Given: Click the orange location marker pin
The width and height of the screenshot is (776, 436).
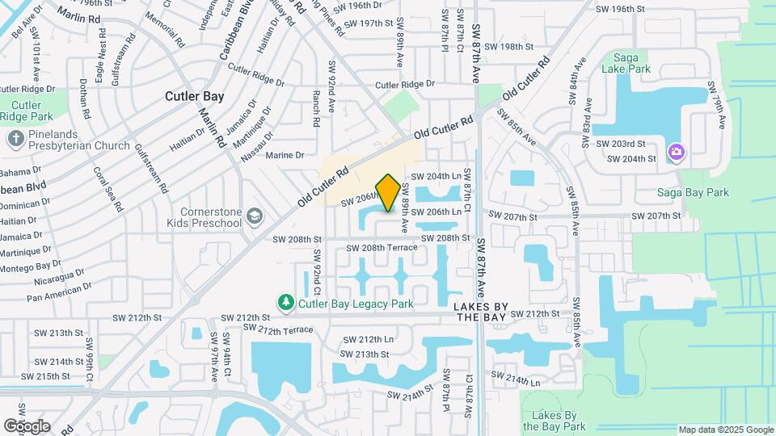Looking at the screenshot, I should point(388,193).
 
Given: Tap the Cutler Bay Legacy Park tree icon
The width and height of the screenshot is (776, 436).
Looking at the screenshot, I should point(285,303).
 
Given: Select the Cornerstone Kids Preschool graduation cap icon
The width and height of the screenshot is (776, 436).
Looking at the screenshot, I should point(255,216).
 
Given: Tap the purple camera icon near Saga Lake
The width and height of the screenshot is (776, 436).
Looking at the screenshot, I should point(677,152).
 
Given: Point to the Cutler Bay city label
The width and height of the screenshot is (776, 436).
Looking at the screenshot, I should point(194,96).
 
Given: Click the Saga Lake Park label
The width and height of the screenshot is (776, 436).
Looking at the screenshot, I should point(632,63).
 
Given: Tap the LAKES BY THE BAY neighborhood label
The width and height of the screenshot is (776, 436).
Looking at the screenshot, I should point(480,312).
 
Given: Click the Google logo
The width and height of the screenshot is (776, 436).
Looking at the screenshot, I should point(27,426).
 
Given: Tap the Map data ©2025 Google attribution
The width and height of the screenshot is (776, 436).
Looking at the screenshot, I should point(725,430).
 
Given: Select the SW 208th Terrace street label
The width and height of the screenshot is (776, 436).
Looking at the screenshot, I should point(382,247).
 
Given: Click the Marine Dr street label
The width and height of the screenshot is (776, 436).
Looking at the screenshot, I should point(285,155).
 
